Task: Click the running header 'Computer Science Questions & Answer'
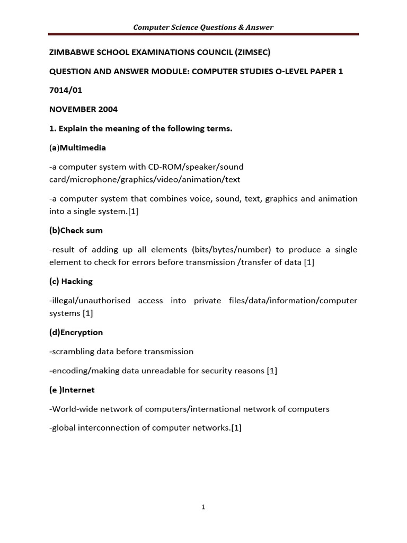(203, 27)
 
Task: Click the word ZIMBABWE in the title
(70, 52)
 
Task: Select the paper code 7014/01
(65, 90)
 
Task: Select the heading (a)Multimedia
(77, 147)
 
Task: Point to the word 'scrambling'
(73, 351)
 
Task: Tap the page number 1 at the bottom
(203, 507)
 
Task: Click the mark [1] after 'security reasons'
(272, 371)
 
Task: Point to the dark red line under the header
(203, 34)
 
